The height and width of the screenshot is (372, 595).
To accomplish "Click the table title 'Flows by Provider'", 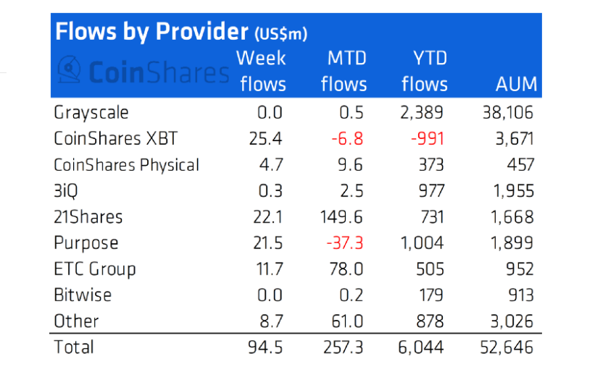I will point(150,32).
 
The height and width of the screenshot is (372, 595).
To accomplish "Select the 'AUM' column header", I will point(516,84).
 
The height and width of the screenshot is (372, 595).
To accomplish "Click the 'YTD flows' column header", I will point(425,71).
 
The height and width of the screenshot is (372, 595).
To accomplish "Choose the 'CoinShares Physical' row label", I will point(126,164).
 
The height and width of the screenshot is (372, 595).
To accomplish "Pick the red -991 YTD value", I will point(430,138).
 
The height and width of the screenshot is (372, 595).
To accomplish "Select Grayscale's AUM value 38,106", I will point(507,112).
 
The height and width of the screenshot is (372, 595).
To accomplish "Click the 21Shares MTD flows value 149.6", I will point(344,216).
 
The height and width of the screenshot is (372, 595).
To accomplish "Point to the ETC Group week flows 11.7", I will point(266,269).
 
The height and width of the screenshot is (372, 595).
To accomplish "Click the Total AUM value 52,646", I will point(507,347).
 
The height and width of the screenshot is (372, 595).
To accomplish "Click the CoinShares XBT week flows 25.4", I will point(266,138).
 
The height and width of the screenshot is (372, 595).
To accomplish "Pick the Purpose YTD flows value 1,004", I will point(425,242).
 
